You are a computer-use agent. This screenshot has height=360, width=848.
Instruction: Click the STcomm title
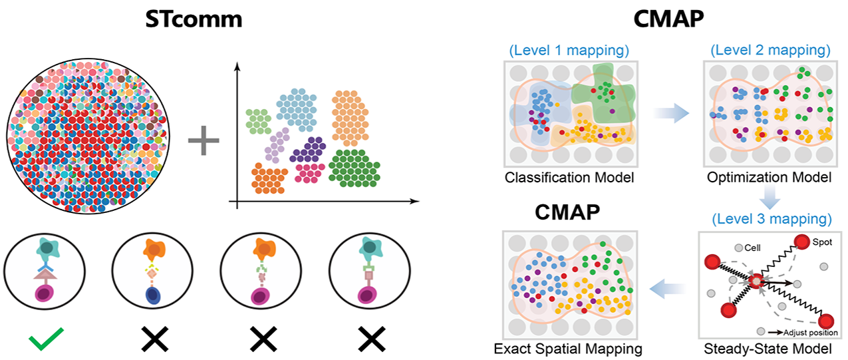tap(194, 20)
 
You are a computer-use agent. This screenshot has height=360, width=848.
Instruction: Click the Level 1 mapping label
tap(570, 50)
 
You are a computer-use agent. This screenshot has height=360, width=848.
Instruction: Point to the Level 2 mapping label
tap(770, 50)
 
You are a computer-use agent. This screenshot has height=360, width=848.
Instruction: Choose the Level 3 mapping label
tap(770, 218)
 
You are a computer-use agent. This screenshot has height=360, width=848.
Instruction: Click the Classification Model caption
tap(570, 178)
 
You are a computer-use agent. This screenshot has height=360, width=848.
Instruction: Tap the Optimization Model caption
tap(770, 178)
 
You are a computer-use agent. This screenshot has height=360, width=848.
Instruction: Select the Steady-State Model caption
tap(770, 347)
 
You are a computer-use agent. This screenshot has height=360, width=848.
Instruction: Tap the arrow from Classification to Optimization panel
tap(668, 114)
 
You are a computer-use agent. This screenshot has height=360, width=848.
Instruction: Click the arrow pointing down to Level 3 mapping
tap(770, 197)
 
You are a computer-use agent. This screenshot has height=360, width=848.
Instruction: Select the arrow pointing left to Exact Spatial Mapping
tap(668, 287)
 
